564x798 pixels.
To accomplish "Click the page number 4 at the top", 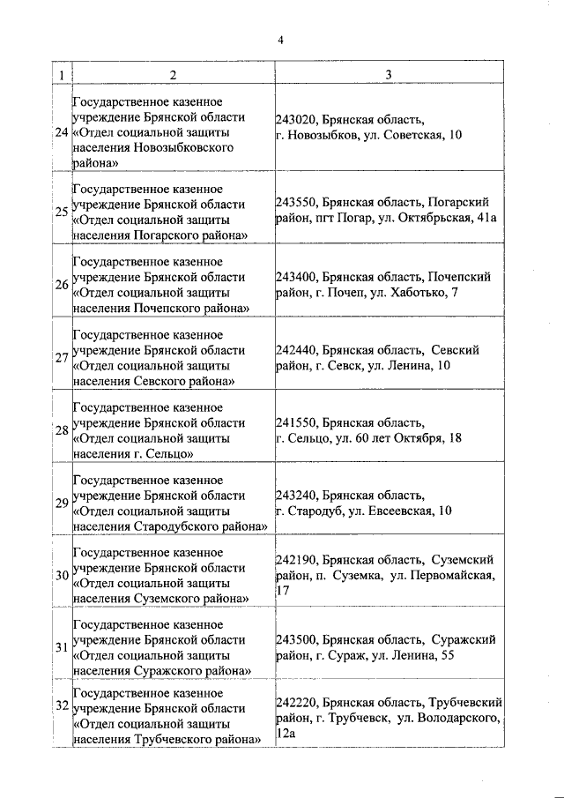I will [x=280, y=39].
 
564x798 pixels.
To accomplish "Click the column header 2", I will [x=173, y=75].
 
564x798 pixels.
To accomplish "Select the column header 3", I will [x=389, y=75].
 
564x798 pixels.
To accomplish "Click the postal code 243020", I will [x=296, y=119].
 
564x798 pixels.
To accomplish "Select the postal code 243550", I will [x=296, y=202].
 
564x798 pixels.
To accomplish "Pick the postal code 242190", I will [x=296, y=560].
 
